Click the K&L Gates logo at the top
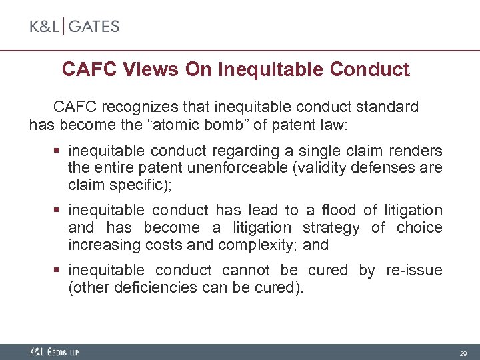coord(74,27)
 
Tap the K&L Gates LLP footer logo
coord(53,352)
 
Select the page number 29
coord(462,353)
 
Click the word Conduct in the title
coord(371,69)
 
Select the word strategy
coord(328,227)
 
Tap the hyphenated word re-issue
coord(414,270)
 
